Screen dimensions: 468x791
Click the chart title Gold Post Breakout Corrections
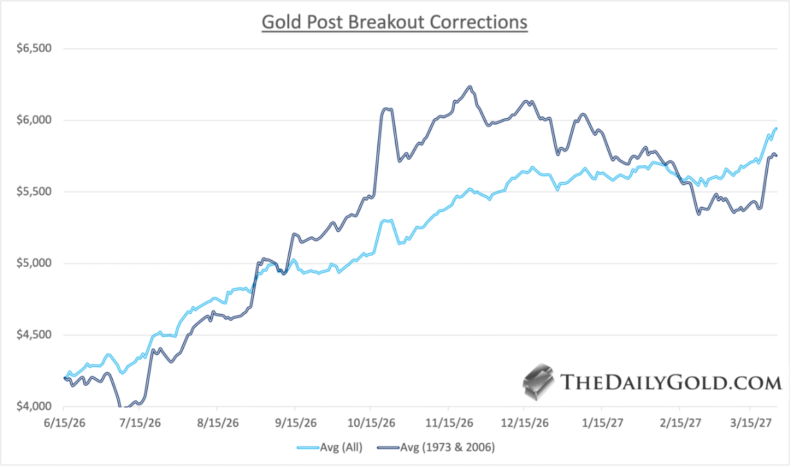tap(394, 22)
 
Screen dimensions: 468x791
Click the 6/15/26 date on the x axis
tap(64, 422)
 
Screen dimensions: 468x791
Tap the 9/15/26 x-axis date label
tap(295, 422)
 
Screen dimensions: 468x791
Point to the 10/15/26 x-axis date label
tap(371, 422)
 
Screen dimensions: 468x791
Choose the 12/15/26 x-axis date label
tap(523, 422)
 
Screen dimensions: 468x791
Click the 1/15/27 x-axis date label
tap(600, 422)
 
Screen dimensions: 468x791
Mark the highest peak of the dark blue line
tap(469, 87)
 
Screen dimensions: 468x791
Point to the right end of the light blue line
tap(777, 129)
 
